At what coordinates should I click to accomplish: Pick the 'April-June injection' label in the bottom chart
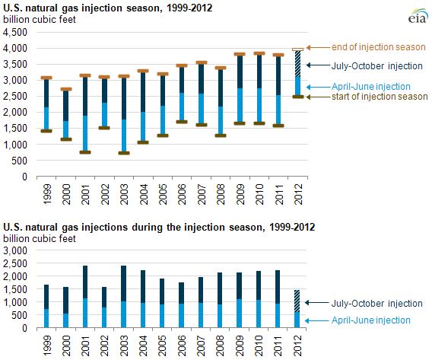tap(370, 320)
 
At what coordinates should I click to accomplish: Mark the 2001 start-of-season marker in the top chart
tap(85, 152)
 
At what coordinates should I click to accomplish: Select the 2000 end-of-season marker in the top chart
tap(66, 89)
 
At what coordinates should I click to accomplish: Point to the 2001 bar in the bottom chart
tap(85, 297)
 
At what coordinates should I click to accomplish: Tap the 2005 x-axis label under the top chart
tap(163, 194)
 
